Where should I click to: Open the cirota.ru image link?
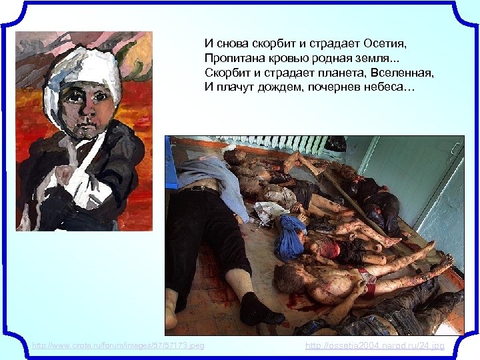[x=118, y=345]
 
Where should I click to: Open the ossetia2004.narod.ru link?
[x=375, y=345]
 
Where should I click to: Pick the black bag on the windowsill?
[x=335, y=143]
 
